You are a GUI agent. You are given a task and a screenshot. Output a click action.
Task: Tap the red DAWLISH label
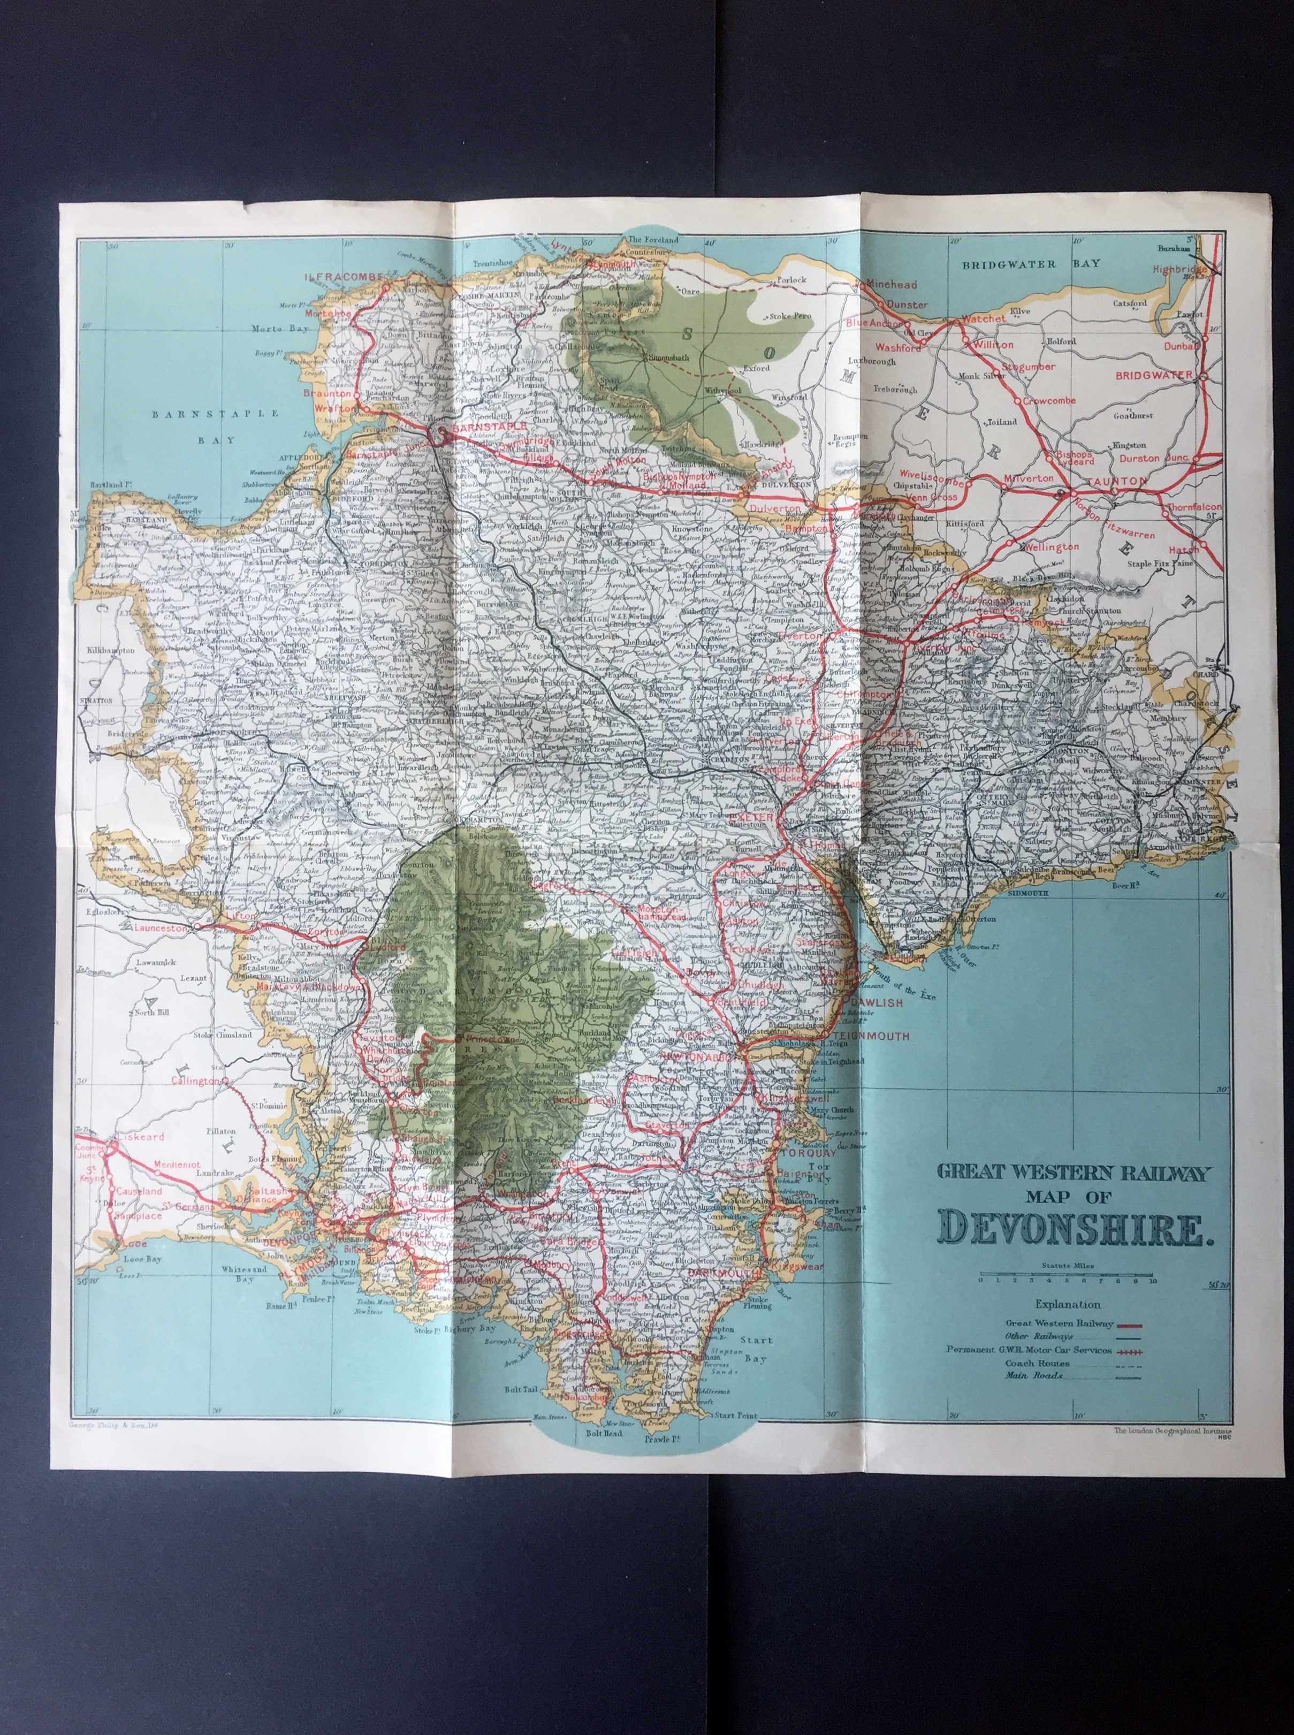(x=872, y=1002)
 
